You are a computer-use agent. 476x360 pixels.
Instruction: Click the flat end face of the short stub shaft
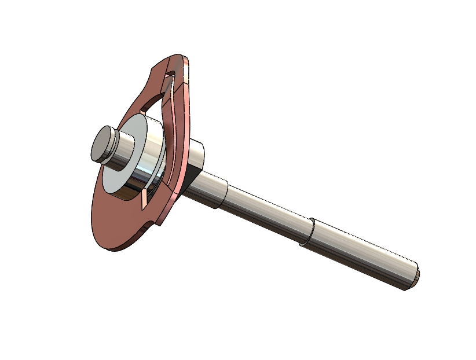pos(102,145)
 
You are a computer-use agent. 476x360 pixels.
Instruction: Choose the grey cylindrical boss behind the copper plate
pos(197,153)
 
